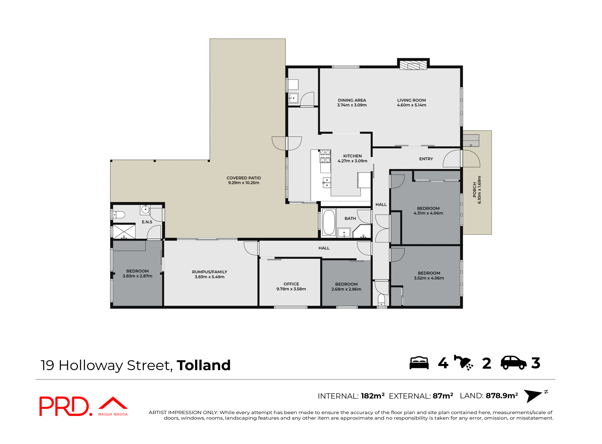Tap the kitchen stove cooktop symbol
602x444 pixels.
(325, 156)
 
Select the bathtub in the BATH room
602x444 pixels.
(329, 222)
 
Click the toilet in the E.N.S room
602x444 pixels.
(119, 215)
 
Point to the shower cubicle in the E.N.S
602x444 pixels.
(124, 231)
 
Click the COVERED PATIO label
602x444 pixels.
(244, 178)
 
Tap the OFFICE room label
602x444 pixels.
(291, 284)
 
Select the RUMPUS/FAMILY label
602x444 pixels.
(209, 272)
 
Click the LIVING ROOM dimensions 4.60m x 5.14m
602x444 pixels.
(411, 105)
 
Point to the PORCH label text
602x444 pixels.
(474, 190)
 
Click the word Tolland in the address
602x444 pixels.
(203, 365)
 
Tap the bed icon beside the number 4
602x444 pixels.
(419, 363)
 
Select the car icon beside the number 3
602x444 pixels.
(513, 363)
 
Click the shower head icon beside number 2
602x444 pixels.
(463, 363)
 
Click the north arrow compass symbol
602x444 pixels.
(533, 395)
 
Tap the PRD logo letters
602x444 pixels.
(64, 406)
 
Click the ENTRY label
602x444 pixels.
(426, 159)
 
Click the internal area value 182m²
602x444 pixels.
(372, 396)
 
